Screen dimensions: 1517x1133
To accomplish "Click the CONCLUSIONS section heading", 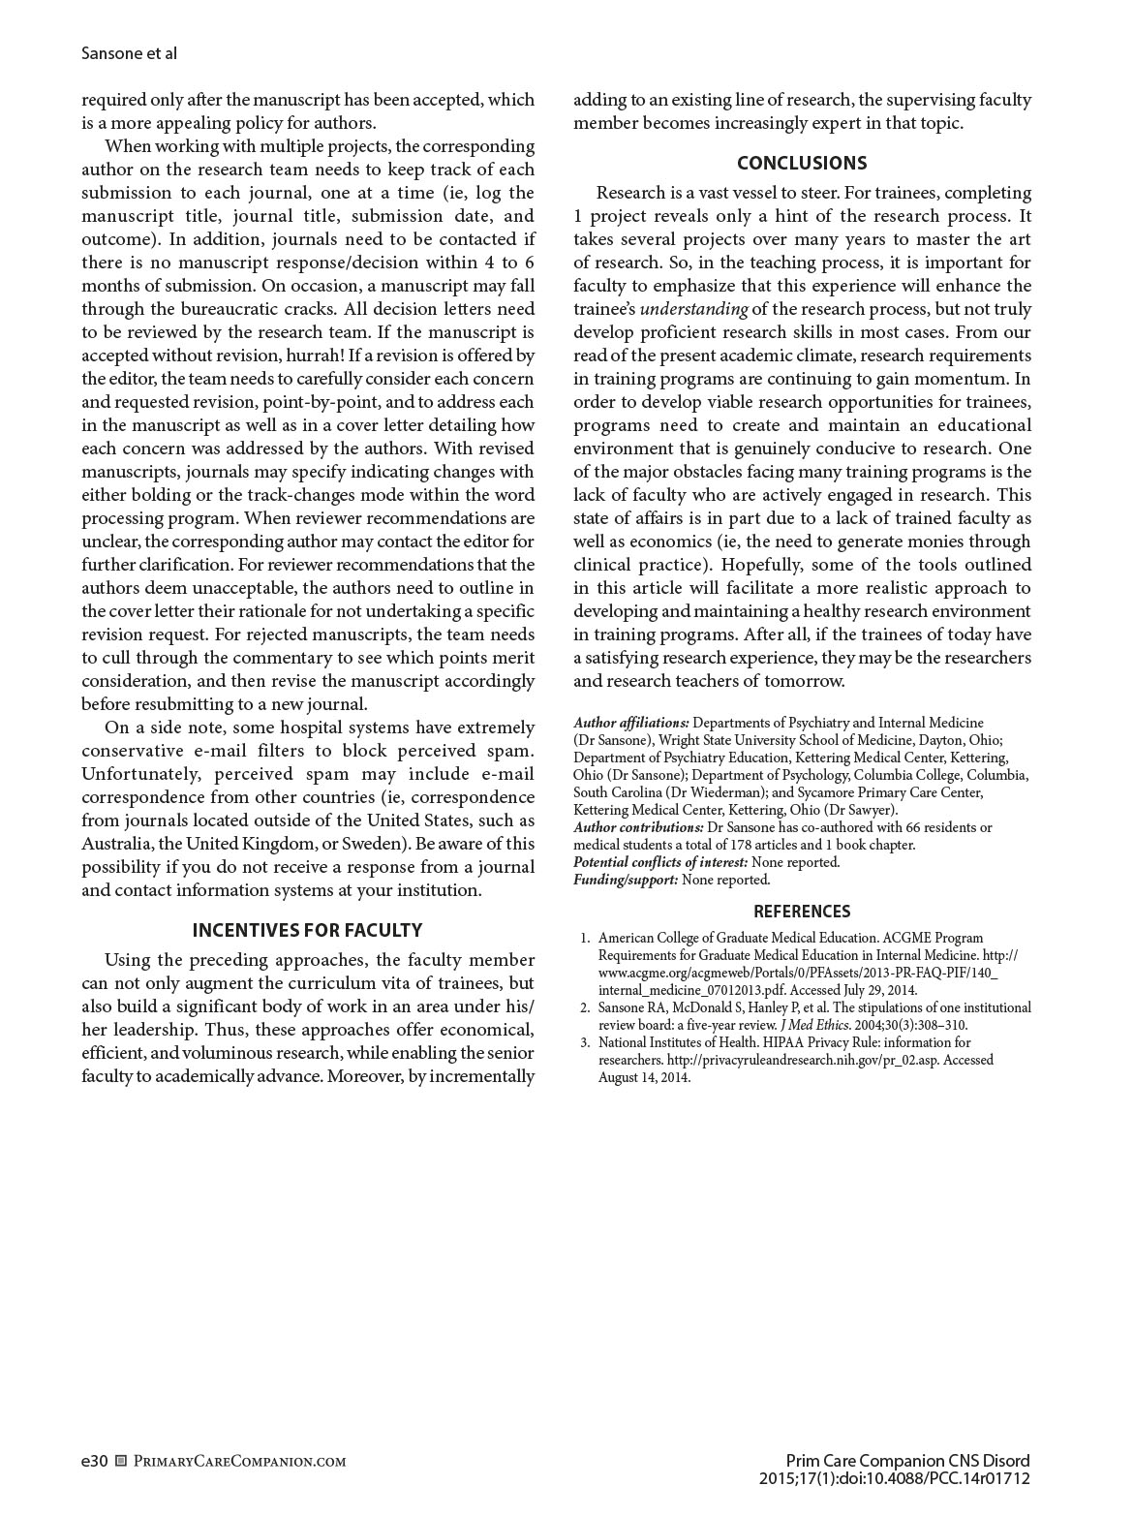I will pyautogui.click(x=802, y=163).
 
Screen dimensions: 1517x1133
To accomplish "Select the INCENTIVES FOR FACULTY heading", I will pyautogui.click(x=307, y=930).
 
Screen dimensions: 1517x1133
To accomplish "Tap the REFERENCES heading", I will pyautogui.click(x=802, y=911).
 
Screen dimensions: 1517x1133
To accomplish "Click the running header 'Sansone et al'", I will pyautogui.click(x=129, y=53).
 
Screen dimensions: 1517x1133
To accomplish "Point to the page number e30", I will pyautogui.click(x=94, y=1461).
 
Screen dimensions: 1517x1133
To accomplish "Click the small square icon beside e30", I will pyautogui.click(x=121, y=1461).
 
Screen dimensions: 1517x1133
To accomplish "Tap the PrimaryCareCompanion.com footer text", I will pyautogui.click(x=238, y=1461).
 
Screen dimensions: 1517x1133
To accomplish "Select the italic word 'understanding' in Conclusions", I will pyautogui.click(x=693, y=309).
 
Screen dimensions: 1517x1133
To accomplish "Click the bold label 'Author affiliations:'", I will pyautogui.click(x=631, y=723).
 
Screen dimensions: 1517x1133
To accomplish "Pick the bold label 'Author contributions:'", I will pyautogui.click(x=638, y=827).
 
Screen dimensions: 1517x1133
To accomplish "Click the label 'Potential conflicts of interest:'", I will pyautogui.click(x=660, y=862).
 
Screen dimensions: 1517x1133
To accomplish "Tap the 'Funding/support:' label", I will pyautogui.click(x=626, y=880).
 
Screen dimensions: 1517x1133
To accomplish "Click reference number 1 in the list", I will pyautogui.click(x=585, y=938).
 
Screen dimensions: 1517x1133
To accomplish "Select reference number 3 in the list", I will pyautogui.click(x=585, y=1042).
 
